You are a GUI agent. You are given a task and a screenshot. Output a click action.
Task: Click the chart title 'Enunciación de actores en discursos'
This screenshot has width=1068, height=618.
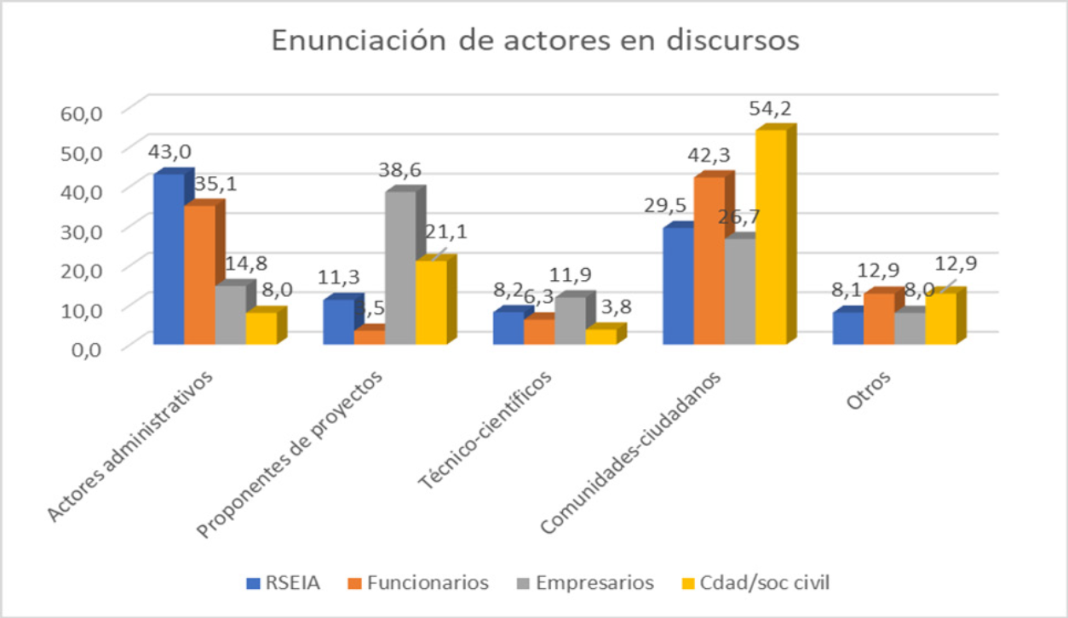click(x=534, y=41)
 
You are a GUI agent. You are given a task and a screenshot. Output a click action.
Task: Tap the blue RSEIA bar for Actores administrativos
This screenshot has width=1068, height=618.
click(x=169, y=259)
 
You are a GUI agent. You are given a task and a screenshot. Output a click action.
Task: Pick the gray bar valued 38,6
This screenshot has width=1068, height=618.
click(x=400, y=267)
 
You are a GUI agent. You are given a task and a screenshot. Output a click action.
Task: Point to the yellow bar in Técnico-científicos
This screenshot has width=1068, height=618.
click(x=600, y=336)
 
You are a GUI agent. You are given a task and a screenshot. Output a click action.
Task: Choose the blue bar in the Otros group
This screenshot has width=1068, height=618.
click(x=848, y=328)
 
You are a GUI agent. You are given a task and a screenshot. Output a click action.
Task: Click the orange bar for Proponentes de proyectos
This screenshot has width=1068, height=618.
click(x=370, y=336)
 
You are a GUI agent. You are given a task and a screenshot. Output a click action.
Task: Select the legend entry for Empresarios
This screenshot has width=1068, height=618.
click(x=583, y=583)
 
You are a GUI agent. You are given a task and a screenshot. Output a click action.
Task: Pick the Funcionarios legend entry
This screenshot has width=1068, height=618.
click(x=417, y=583)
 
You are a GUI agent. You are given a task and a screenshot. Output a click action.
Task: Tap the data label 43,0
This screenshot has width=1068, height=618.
click(x=169, y=152)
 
